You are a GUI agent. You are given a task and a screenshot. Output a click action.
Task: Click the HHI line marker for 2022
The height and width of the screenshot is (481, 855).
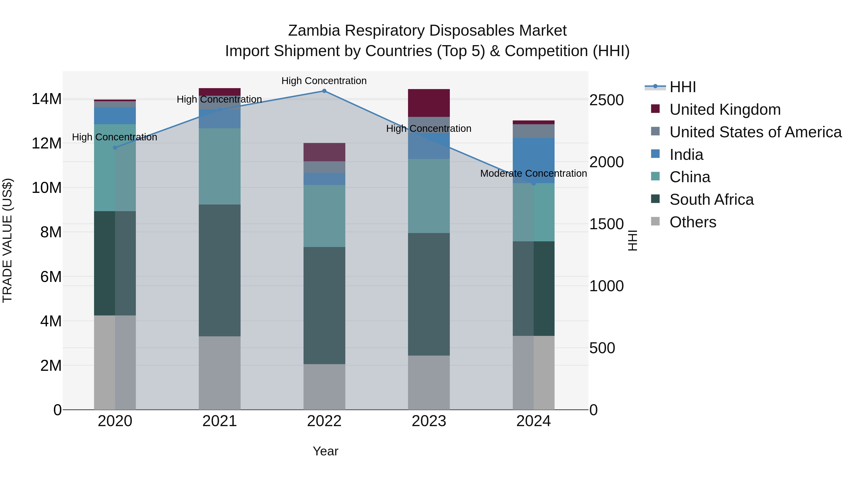pyautogui.click(x=324, y=91)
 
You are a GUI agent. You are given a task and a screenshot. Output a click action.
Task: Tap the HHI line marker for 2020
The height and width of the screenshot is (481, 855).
pyautogui.click(x=115, y=148)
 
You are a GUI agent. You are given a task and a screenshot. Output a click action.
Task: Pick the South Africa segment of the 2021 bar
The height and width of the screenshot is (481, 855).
pyautogui.click(x=219, y=270)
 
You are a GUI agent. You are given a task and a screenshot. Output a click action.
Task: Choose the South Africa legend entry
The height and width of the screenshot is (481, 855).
pyautogui.click(x=711, y=200)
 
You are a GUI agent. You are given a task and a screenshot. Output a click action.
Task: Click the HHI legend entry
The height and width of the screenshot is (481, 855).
pyautogui.click(x=682, y=87)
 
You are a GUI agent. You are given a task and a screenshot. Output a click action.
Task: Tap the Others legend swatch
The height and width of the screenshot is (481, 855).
pyautogui.click(x=655, y=221)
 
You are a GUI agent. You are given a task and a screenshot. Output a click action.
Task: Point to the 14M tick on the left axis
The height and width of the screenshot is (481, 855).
pyautogui.click(x=47, y=99)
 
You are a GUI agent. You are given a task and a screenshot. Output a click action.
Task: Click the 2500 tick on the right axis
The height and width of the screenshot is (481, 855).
pyautogui.click(x=606, y=100)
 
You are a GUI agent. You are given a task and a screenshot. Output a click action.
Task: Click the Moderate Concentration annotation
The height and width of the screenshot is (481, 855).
pyautogui.click(x=533, y=173)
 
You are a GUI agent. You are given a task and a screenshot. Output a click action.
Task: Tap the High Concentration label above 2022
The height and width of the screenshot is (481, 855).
pyautogui.click(x=324, y=81)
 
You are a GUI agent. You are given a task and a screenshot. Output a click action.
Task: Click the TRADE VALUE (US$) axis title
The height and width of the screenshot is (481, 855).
pyautogui.click(x=7, y=240)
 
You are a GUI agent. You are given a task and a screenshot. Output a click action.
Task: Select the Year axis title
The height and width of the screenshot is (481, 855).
pyautogui.click(x=325, y=451)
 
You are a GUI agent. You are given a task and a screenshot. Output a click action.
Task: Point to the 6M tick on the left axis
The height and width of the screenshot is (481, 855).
pyautogui.click(x=51, y=276)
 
